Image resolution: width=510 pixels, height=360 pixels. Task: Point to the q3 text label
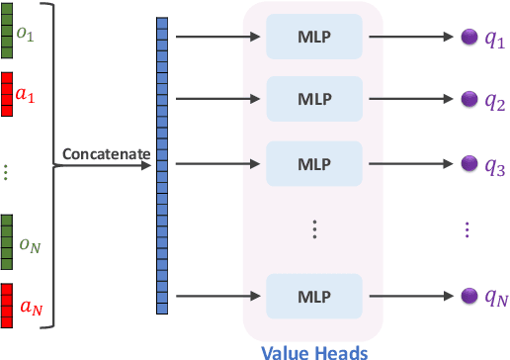494,162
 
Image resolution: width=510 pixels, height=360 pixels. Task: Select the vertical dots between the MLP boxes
314,228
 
